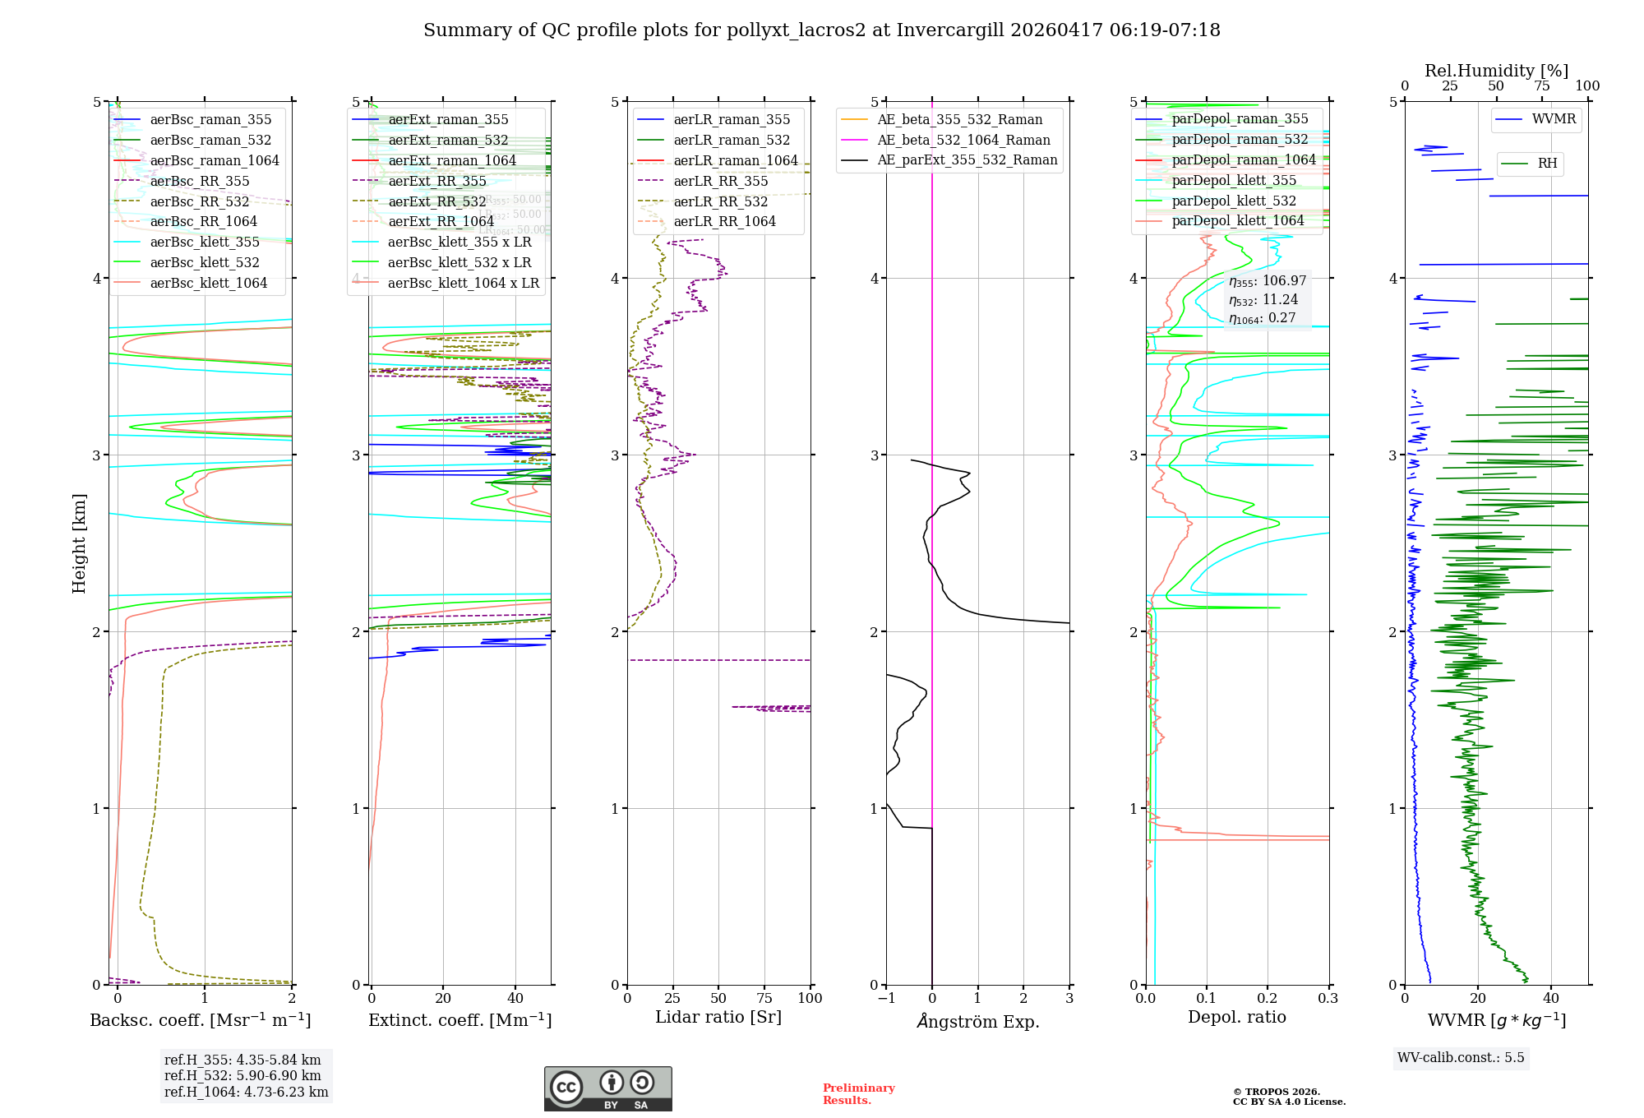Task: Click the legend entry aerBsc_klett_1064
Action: pos(208,283)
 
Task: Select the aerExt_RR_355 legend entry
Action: pos(436,181)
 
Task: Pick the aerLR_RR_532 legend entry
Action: pos(720,201)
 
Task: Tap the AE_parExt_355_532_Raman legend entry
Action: pos(967,159)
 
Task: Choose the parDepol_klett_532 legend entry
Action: pos(1233,201)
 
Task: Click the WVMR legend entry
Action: pos(1554,119)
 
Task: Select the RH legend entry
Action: pos(1547,164)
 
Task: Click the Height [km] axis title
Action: pos(79,543)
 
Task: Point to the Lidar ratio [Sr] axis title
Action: pos(718,1017)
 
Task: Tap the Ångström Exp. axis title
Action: pos(977,1021)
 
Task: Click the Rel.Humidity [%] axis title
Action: pos(1496,71)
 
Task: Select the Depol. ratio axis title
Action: pos(1236,1017)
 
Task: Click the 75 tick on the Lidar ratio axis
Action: pos(764,998)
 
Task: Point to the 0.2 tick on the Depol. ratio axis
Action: pos(1268,998)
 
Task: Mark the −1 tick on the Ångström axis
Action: pos(886,998)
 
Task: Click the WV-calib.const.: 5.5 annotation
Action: pos(1461,1057)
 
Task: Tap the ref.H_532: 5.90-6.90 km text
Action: pos(242,1075)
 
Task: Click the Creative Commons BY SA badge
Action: pos(607,1088)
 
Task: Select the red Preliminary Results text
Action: pos(858,1093)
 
